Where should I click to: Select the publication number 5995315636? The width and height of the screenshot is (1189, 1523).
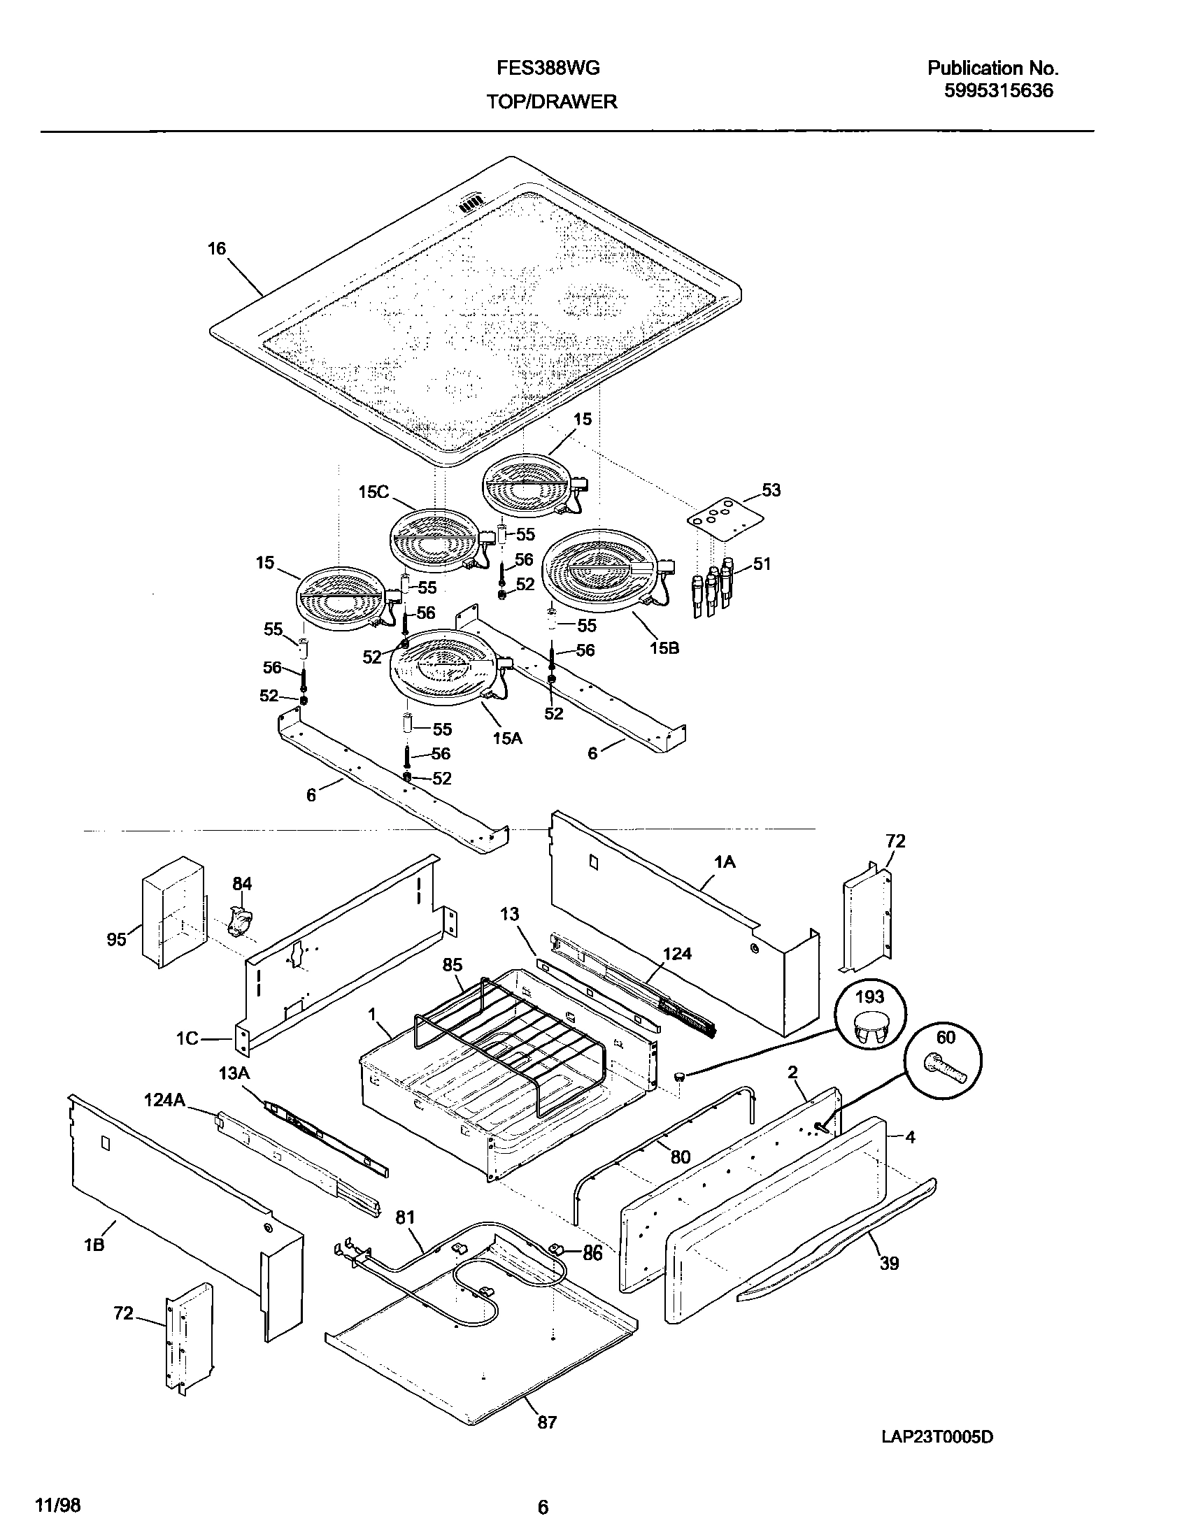pos(998,91)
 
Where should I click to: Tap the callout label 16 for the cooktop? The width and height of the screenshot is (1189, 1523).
pos(217,248)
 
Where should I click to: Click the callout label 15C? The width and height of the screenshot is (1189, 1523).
pos(373,492)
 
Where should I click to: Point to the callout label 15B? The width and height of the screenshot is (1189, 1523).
pos(664,648)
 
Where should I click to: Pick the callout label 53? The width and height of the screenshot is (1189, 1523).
pos(771,490)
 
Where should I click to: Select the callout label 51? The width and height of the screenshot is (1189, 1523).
pos(762,564)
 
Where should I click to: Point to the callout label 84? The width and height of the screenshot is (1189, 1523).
pos(242,884)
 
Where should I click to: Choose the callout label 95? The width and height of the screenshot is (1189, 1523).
pos(116,939)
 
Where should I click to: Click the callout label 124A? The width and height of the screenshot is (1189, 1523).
pos(164,1100)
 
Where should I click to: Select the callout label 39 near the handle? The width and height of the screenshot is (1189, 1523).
pos(889,1263)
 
